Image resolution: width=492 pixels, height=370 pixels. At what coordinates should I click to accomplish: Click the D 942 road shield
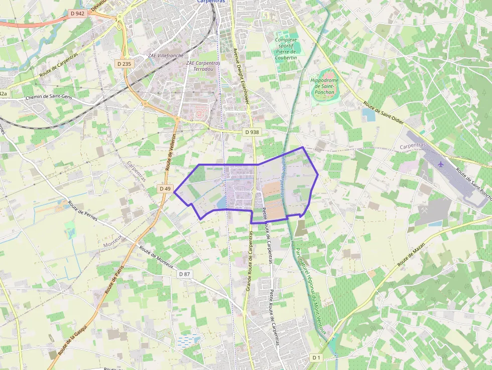pyautogui.click(x=78, y=14)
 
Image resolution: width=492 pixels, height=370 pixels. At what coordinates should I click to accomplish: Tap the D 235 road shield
pyautogui.click(x=124, y=64)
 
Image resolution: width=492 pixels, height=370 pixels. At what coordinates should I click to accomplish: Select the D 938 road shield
pyautogui.click(x=252, y=132)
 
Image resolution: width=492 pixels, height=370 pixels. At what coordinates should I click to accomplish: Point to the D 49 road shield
pyautogui.click(x=165, y=188)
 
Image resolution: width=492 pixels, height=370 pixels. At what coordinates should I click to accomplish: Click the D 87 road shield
pyautogui.click(x=185, y=274)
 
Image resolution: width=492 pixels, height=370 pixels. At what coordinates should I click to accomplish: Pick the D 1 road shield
pyautogui.click(x=316, y=357)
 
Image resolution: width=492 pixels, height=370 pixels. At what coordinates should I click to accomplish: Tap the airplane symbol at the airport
pyautogui.click(x=441, y=164)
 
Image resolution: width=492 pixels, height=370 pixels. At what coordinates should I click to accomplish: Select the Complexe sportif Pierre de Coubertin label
pyautogui.click(x=286, y=49)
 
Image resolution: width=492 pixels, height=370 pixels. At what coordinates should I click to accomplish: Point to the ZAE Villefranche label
pyautogui.click(x=166, y=55)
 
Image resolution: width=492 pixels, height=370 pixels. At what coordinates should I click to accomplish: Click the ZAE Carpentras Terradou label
pyautogui.click(x=203, y=66)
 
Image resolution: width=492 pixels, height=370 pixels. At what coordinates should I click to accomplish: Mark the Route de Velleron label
pyautogui.click(x=170, y=154)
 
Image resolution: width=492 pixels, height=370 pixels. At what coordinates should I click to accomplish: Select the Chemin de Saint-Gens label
pyautogui.click(x=49, y=97)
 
